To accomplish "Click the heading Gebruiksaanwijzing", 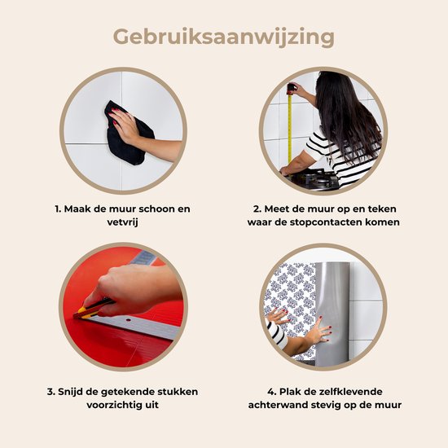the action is tap(224, 37).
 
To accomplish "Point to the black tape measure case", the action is tap(291, 89).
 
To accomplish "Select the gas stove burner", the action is tap(314, 178).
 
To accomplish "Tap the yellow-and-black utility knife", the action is tap(93, 310).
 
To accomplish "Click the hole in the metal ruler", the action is tap(128, 320).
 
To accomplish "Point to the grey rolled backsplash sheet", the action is tap(332, 314).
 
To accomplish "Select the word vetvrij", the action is tap(122, 222).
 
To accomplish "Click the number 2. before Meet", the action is tap(257, 209).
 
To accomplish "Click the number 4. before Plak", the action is tap(272, 392).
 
